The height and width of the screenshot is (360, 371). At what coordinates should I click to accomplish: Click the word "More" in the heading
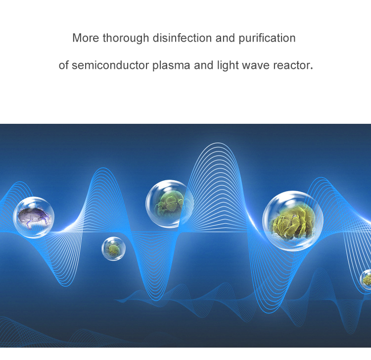[x=86, y=38]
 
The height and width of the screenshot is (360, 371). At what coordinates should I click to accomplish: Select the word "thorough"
[x=126, y=39]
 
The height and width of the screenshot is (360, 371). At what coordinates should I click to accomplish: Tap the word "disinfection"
[x=182, y=38]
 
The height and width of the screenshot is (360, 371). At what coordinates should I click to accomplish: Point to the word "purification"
[x=267, y=39]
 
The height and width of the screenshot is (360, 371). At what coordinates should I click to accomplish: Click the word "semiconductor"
[x=110, y=65]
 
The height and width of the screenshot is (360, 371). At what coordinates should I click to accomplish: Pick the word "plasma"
[x=171, y=66]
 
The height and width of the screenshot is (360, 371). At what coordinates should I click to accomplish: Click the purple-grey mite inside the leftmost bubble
[x=34, y=217]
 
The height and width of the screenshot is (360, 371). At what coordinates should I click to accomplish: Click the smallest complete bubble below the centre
[x=114, y=249]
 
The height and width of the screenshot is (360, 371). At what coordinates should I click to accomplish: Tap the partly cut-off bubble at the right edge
[x=366, y=279]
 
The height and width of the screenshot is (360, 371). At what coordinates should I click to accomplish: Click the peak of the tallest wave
[x=218, y=143]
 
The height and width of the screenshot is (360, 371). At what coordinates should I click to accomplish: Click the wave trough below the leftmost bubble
[x=66, y=286]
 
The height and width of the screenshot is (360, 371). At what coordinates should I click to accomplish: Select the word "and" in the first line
[x=225, y=38]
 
